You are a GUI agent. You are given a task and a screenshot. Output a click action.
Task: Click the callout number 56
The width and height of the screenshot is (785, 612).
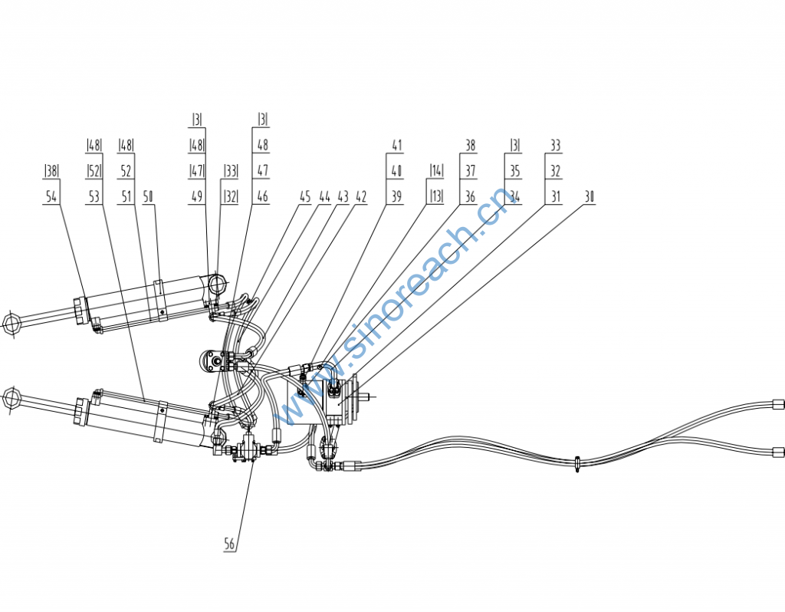(229, 543)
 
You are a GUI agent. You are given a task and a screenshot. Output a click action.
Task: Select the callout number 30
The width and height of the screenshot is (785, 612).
(590, 196)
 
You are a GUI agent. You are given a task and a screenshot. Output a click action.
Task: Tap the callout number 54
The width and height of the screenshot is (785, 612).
(51, 196)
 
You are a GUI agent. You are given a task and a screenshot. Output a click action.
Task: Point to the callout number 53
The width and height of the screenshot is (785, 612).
(94, 196)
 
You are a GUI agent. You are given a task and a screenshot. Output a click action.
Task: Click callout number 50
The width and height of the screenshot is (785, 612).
(148, 196)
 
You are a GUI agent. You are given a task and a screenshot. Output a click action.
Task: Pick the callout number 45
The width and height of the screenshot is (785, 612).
(305, 196)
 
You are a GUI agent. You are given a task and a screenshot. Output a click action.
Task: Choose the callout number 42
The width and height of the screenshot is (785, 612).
(361, 196)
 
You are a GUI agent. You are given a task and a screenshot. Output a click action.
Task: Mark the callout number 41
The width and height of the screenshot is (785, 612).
(396, 145)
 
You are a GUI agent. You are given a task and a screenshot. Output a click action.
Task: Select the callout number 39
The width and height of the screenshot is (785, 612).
(396, 196)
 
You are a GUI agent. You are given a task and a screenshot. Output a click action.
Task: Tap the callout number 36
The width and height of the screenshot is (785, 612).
(470, 196)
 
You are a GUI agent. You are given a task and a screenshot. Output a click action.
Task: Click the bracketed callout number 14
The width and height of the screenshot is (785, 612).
(436, 170)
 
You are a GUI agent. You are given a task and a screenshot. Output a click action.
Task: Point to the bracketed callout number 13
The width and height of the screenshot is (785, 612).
(436, 196)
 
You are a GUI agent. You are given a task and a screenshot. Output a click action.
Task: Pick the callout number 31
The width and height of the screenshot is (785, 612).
(556, 196)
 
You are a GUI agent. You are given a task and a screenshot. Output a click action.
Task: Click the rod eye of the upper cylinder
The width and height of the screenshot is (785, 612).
(11, 323)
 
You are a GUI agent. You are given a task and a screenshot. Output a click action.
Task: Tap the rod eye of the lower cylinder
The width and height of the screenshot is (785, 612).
(10, 398)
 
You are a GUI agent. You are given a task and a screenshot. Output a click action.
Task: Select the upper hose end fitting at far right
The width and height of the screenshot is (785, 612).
(778, 404)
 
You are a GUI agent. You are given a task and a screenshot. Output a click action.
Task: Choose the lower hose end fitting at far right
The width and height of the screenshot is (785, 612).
(778, 452)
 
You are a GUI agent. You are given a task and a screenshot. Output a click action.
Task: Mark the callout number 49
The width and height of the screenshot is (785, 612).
(197, 196)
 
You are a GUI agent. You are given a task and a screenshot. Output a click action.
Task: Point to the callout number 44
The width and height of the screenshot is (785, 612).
(324, 196)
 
